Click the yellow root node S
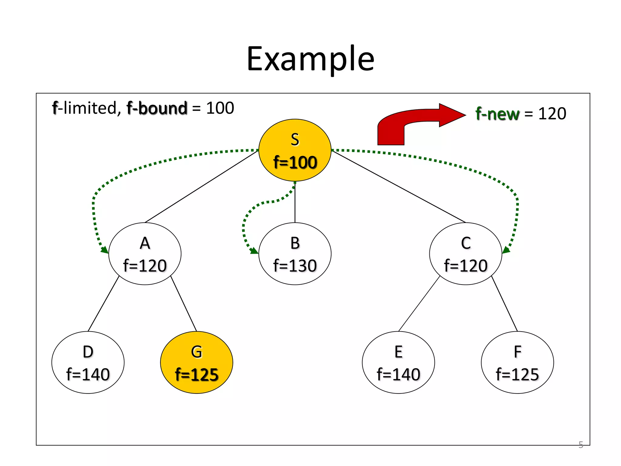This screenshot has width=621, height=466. (x=295, y=150)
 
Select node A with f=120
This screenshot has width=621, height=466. (x=145, y=254)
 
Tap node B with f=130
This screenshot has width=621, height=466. (x=295, y=254)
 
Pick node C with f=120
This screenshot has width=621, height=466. (x=465, y=254)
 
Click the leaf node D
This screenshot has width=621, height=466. (x=88, y=362)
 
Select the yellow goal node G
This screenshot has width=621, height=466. (x=196, y=362)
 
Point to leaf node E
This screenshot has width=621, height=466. (x=398, y=362)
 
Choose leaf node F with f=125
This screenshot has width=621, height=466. (x=517, y=362)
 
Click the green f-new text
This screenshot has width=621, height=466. (x=497, y=114)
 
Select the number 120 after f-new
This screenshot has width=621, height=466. (x=552, y=114)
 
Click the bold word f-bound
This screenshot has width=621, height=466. (x=157, y=108)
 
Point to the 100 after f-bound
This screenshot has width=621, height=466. (x=220, y=108)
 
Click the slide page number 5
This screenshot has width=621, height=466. (x=581, y=445)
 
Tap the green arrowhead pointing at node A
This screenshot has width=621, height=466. (x=105, y=250)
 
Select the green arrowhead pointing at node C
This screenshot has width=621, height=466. (x=506, y=250)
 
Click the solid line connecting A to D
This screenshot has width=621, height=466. (x=103, y=304)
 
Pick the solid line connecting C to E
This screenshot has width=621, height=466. (x=419, y=304)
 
